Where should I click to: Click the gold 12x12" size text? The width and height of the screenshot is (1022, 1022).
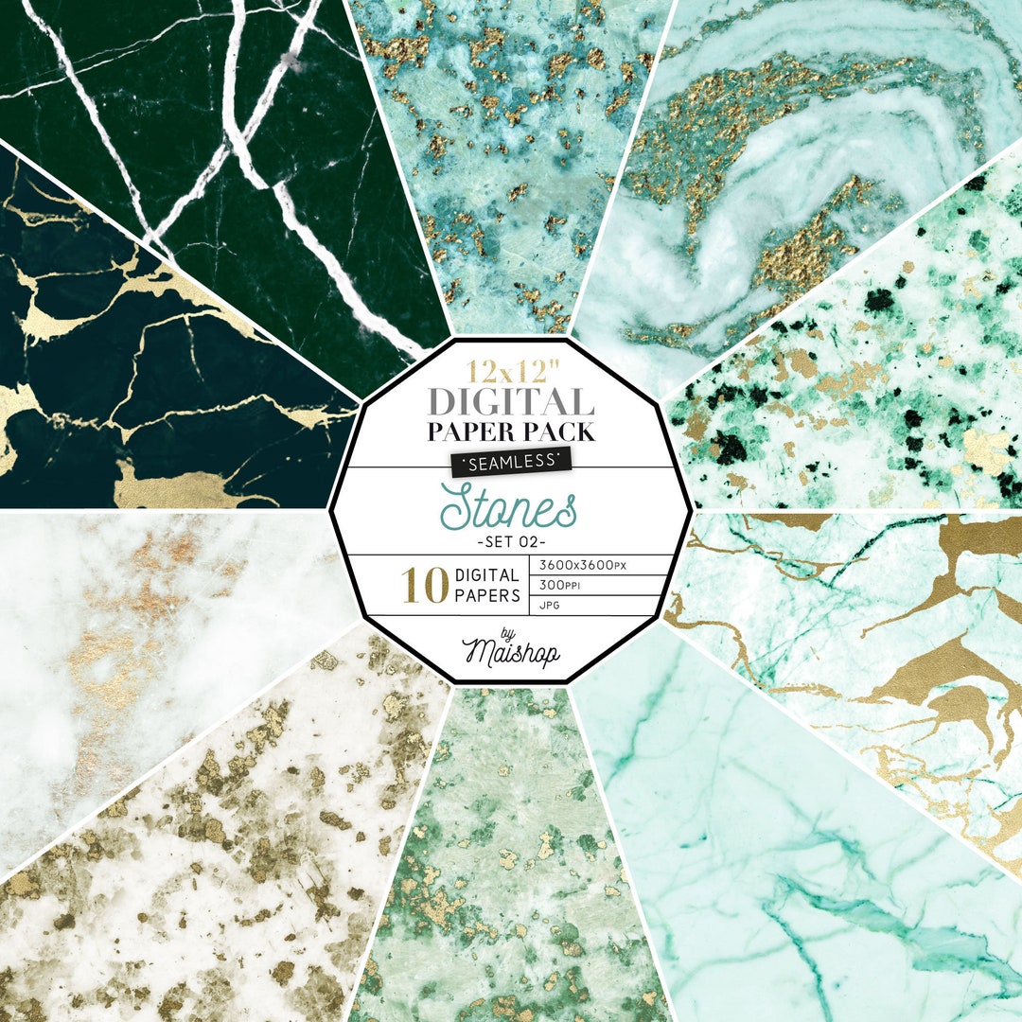510,367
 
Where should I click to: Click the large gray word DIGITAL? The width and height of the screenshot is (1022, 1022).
510,400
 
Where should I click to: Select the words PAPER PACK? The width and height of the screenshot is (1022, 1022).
510,432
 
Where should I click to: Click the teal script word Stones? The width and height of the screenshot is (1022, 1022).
510,508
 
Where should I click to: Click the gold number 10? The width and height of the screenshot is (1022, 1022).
425,586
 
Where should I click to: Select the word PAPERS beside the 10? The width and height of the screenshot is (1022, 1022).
488,596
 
